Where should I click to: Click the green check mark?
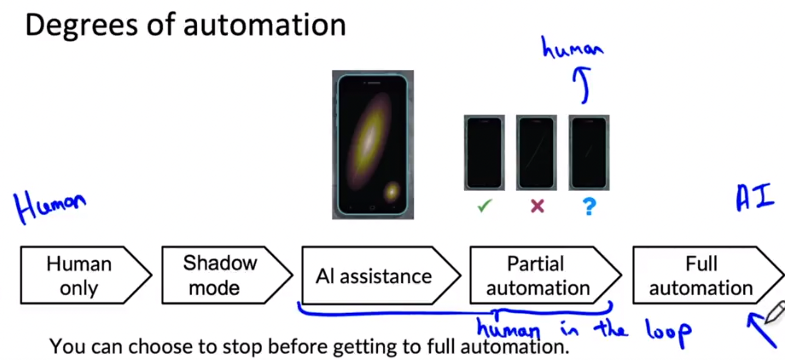[x=484, y=205]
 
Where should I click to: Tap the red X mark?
[x=537, y=206]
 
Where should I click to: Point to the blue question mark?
[x=589, y=206]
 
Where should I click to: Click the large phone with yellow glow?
[x=373, y=145]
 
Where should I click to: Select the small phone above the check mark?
[x=484, y=152]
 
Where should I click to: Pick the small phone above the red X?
[x=536, y=152]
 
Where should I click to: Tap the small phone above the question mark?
[x=589, y=152]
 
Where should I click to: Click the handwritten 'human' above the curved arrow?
[x=572, y=48]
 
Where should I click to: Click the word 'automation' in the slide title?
[x=264, y=25]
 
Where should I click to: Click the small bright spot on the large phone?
[x=391, y=191]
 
